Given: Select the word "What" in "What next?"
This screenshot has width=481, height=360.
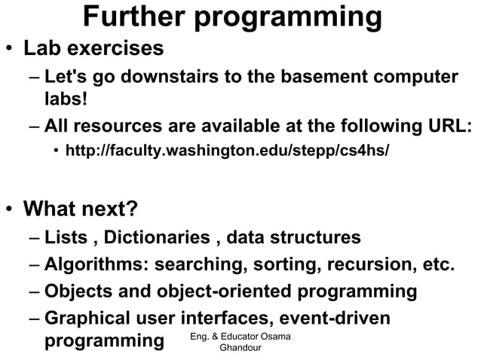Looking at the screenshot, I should (x=54, y=206).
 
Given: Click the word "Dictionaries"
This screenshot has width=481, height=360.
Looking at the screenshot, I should (x=158, y=238).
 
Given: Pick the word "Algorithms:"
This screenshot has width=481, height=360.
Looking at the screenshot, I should (x=94, y=265).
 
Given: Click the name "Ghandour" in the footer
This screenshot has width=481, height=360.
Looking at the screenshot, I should (x=241, y=348).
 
